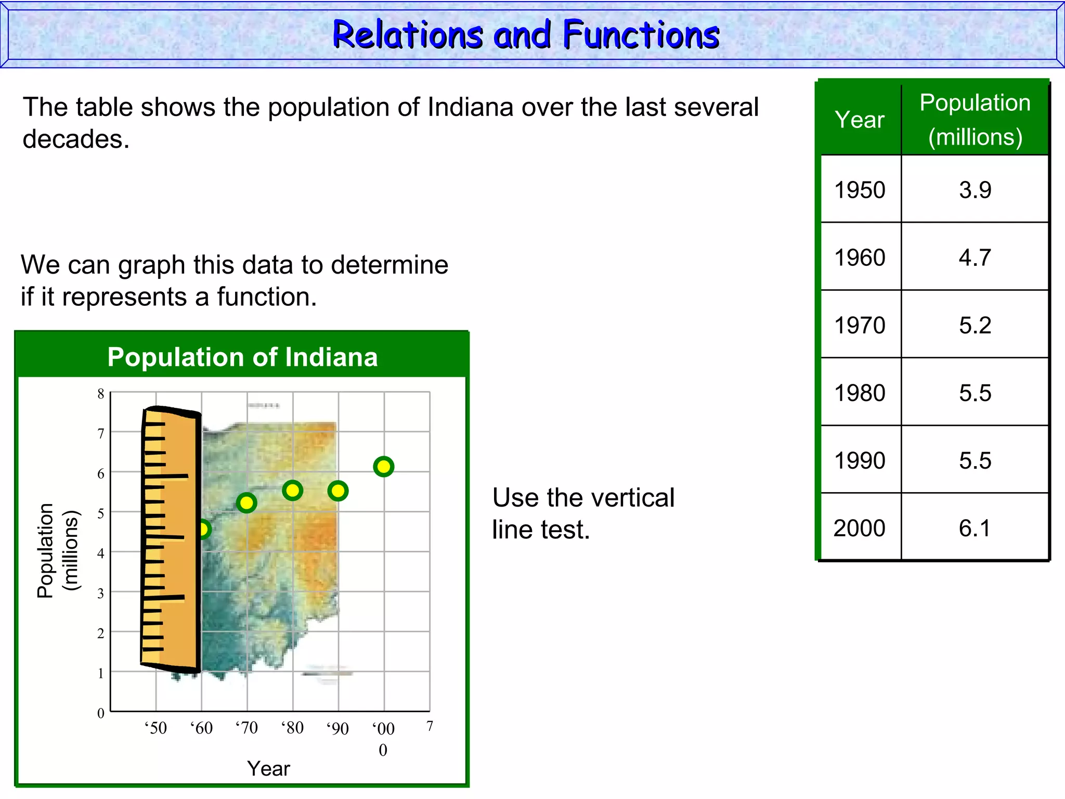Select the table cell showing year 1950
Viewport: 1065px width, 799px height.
[860, 190]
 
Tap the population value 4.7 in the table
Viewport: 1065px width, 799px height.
[975, 257]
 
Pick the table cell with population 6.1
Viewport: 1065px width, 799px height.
[975, 528]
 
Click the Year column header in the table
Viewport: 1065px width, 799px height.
[860, 120]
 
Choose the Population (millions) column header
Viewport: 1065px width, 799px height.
[975, 120]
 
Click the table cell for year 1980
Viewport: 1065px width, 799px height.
[860, 393]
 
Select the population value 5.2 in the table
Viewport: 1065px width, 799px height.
[975, 325]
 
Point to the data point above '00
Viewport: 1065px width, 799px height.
[384, 467]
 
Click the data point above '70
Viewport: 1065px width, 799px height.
[246, 502]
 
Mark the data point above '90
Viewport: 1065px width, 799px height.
[338, 491]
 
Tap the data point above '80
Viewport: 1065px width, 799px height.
[293, 490]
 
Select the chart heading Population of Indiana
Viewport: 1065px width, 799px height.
[242, 357]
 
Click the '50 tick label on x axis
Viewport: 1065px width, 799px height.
[155, 727]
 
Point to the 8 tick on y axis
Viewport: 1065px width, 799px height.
[101, 394]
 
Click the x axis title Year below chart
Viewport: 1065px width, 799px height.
[268, 768]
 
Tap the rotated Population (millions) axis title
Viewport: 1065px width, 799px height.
[57, 550]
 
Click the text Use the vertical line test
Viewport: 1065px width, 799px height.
[582, 513]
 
